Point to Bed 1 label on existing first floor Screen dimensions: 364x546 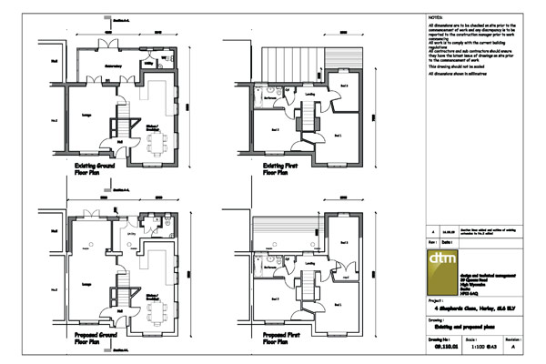click(x=339, y=136)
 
